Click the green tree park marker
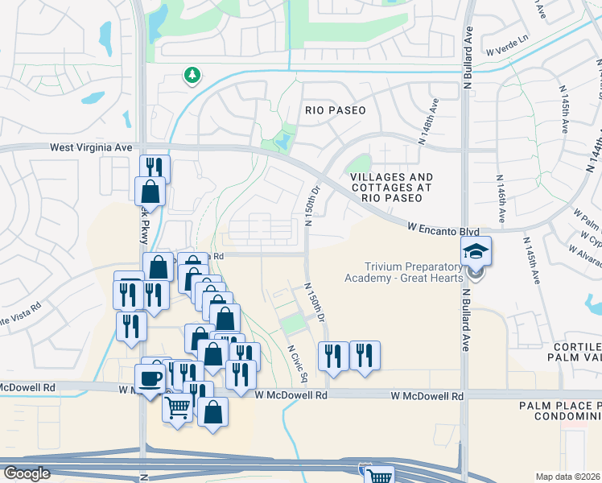point(192,76)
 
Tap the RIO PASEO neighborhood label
point(336,110)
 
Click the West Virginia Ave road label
point(90,148)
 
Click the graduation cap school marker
point(476,253)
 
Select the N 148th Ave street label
point(427,122)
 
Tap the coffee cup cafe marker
point(150,378)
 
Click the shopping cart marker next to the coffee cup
point(178,407)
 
